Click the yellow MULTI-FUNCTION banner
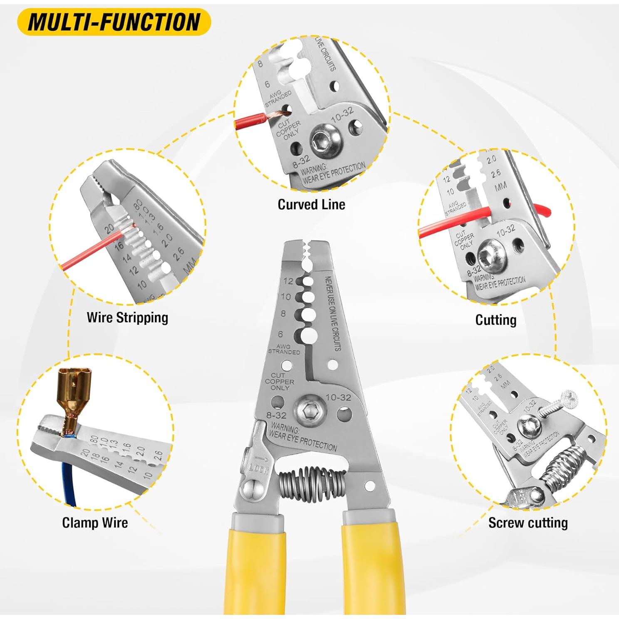click(114, 22)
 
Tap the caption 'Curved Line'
click(311, 205)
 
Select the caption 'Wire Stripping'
click(127, 318)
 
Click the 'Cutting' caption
click(495, 320)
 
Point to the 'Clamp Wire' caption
click(95, 523)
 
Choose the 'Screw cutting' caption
click(528, 523)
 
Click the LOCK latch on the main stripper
click(258, 462)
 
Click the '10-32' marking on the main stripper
click(338, 397)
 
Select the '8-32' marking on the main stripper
click(276, 415)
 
